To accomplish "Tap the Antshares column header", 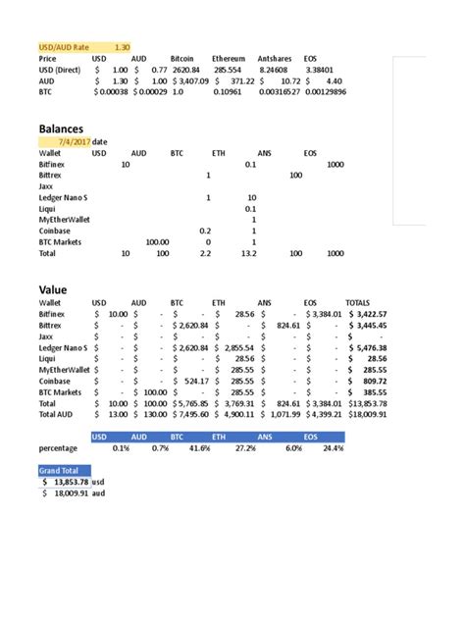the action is click(276, 59).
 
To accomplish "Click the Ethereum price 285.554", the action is click(228, 71).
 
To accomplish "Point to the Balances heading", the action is click(61, 129).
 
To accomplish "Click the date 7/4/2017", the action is click(70, 142).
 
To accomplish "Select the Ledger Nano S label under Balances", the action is click(64, 198).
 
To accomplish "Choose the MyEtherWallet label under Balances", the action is click(65, 220).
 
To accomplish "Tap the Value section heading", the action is click(52, 290).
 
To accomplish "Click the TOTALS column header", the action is click(358, 303).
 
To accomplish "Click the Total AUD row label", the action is click(59, 415).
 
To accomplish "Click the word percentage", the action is click(58, 448).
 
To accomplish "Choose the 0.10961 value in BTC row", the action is click(227, 93).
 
